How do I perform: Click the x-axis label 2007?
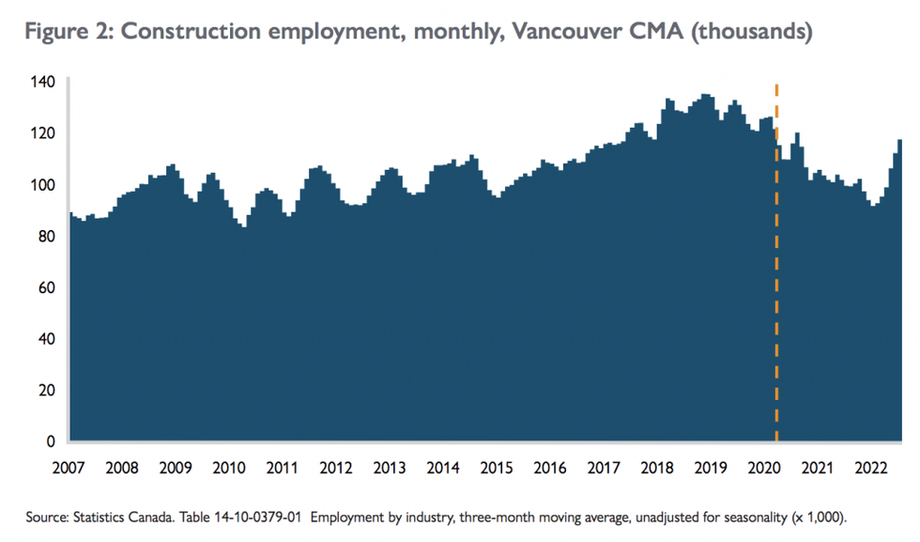coord(69,468)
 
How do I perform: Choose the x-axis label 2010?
coord(230,468)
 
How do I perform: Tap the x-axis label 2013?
coord(390,468)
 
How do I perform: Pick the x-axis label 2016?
coord(550,468)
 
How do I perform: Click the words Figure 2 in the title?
coord(67,31)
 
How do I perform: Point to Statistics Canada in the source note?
coord(101,517)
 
